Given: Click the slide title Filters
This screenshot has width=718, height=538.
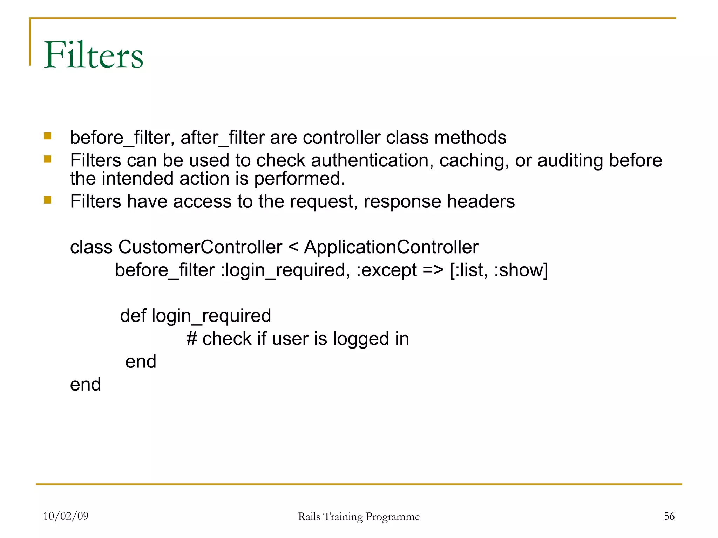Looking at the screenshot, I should pyautogui.click(x=93, y=55).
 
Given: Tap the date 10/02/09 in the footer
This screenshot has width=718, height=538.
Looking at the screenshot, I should pyautogui.click(x=66, y=516).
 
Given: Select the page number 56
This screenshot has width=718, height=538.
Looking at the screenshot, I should pyautogui.click(x=669, y=516).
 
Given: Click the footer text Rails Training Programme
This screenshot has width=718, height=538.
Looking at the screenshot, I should pyautogui.click(x=359, y=517).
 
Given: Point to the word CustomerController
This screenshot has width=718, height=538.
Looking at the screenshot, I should pyautogui.click(x=200, y=247).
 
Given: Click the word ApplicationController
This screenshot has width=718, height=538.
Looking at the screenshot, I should pyautogui.click(x=391, y=247).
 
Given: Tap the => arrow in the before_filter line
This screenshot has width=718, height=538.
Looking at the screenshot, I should pyautogui.click(x=433, y=270).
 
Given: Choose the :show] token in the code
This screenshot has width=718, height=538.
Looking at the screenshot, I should pyautogui.click(x=521, y=270).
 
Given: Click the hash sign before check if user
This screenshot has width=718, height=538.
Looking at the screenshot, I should pyautogui.click(x=192, y=339).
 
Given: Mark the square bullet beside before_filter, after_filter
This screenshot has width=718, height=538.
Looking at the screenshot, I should pyautogui.click(x=48, y=136).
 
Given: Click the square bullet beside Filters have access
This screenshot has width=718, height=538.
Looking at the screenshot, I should pyautogui.click(x=48, y=200).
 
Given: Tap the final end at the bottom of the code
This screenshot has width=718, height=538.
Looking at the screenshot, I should pyautogui.click(x=85, y=385).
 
